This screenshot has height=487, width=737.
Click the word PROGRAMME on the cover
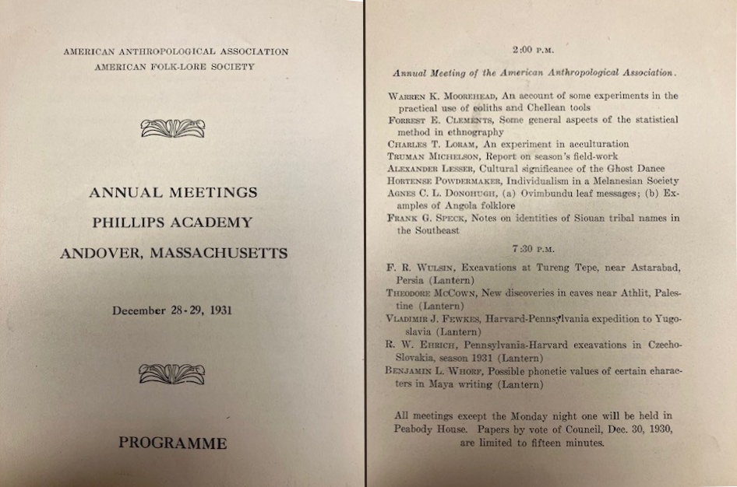click(172, 443)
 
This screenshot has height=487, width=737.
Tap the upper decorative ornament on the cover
click(173, 128)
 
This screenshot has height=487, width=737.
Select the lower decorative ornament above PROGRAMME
click(172, 374)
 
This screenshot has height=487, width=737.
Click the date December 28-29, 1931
click(172, 310)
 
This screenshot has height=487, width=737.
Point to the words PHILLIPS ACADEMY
click(172, 222)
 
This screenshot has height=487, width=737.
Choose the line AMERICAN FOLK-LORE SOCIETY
click(175, 67)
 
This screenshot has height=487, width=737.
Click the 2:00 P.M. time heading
click(533, 50)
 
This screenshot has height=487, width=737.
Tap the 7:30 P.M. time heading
click(533, 248)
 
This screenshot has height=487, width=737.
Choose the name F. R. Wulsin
click(414, 268)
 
